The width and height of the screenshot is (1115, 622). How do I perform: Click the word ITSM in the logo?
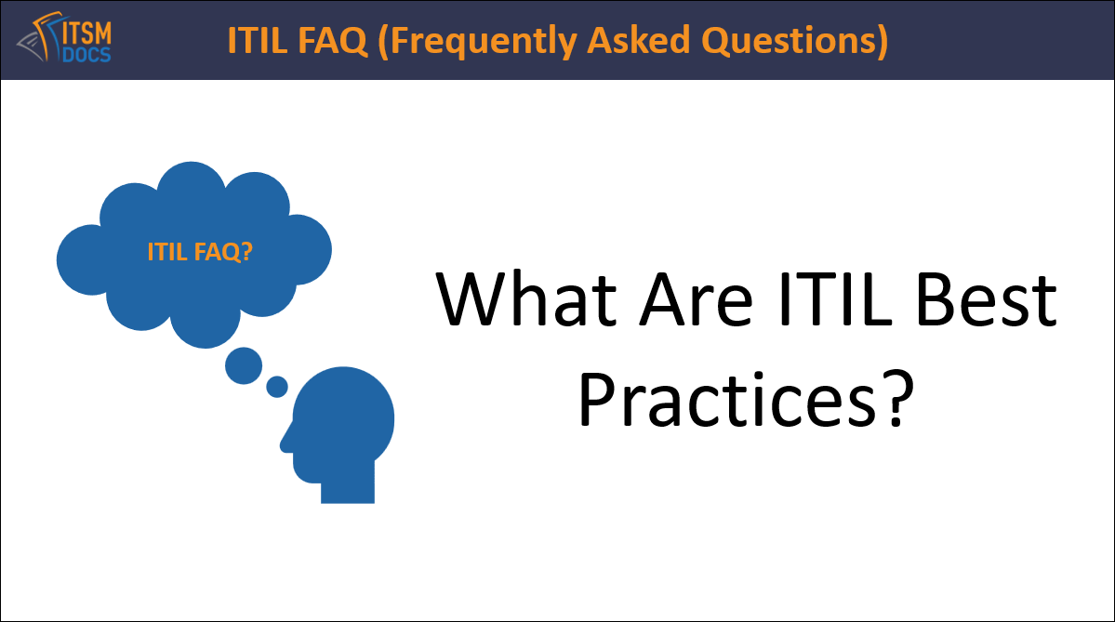(x=87, y=33)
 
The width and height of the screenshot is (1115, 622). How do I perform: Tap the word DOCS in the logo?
(x=86, y=55)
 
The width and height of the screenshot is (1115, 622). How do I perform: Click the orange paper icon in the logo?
(x=44, y=35)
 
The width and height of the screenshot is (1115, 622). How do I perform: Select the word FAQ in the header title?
(x=333, y=40)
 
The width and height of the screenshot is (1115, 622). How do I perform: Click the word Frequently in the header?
(x=477, y=41)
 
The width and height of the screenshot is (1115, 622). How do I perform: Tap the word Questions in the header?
(x=795, y=41)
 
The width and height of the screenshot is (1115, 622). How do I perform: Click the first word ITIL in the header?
(x=258, y=40)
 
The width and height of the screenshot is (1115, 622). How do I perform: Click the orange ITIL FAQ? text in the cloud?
(x=200, y=252)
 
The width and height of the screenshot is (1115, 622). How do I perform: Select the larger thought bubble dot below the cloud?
(x=244, y=365)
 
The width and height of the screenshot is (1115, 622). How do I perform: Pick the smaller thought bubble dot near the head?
(x=276, y=387)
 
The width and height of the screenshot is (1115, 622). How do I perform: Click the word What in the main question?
(x=526, y=300)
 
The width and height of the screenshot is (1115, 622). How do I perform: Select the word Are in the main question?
(x=697, y=300)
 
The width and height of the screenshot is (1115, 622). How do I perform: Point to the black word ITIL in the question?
(x=834, y=300)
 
